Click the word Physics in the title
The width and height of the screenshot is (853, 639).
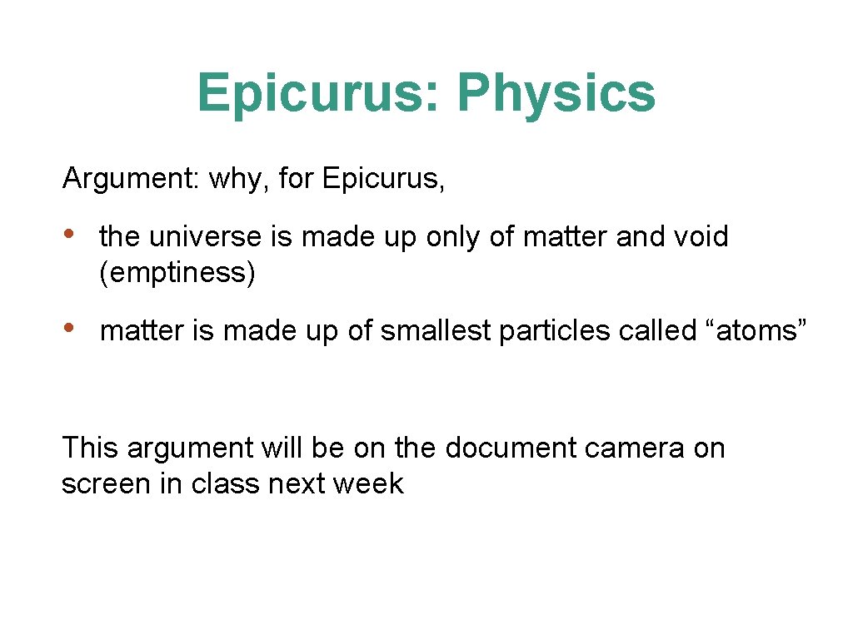[x=556, y=92]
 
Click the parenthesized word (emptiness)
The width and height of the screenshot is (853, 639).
[x=177, y=273]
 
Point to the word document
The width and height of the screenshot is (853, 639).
[x=511, y=448]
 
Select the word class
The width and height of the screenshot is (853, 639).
[x=227, y=484]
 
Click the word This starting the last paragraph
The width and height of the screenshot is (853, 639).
[x=92, y=448]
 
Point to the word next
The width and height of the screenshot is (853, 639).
[x=297, y=484]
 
